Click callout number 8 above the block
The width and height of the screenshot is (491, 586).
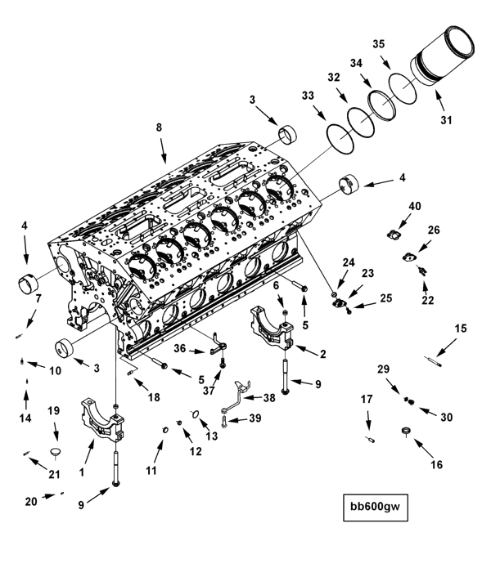(159, 127)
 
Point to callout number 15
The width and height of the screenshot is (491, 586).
(461, 329)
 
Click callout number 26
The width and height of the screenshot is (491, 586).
(434, 230)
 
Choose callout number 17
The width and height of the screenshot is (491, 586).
(367, 399)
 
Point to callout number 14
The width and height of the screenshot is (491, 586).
(25, 418)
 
